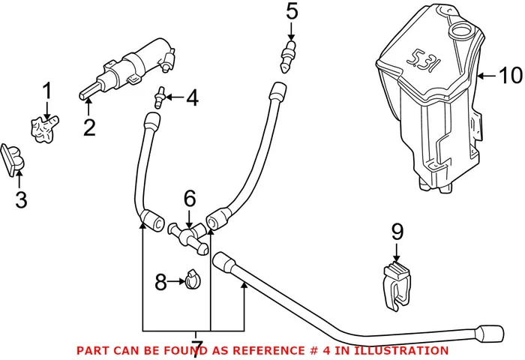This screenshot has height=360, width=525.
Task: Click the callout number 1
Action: pyautogui.click(x=46, y=93)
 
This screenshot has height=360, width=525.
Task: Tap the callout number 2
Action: pyautogui.click(x=89, y=127)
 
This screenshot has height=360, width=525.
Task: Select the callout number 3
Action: pyautogui.click(x=20, y=199)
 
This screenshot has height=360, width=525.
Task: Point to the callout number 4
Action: pyautogui.click(x=192, y=97)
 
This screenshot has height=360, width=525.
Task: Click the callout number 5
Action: pyautogui.click(x=292, y=12)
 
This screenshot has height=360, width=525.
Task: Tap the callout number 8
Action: pyautogui.click(x=160, y=283)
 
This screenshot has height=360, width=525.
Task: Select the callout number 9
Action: pyautogui.click(x=397, y=233)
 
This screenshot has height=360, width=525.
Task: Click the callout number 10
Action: pyautogui.click(x=508, y=76)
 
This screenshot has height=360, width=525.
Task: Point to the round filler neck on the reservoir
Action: pyautogui.click(x=459, y=32)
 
